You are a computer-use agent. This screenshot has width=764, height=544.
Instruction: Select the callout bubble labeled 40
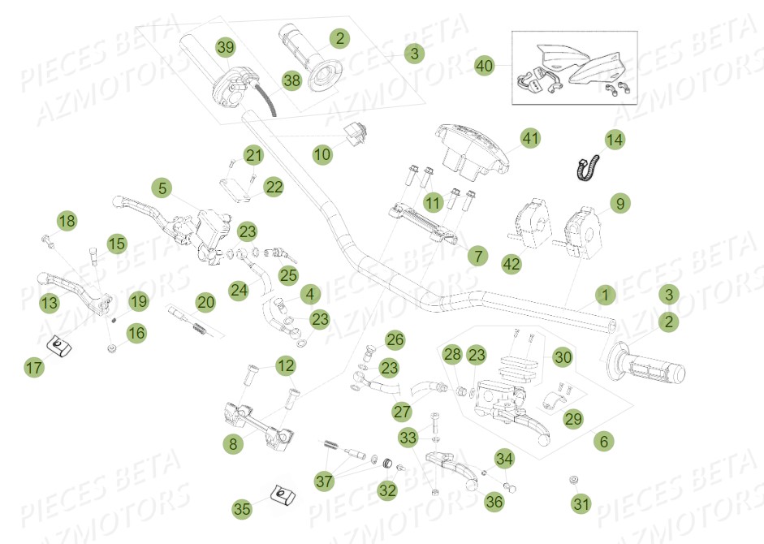(485, 66)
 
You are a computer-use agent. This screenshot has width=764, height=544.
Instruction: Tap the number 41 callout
(530, 139)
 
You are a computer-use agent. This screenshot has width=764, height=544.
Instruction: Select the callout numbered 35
(242, 509)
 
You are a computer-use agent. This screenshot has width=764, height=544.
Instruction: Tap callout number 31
(581, 504)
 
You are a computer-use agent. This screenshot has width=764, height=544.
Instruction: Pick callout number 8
(234, 443)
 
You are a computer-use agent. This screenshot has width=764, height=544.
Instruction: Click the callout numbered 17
(33, 369)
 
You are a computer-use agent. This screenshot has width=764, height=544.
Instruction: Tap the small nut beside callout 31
(573, 480)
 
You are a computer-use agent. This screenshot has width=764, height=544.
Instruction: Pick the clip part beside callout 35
(280, 494)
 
